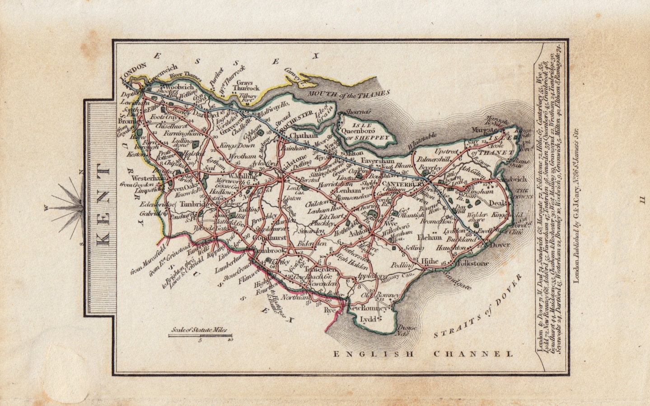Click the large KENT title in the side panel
(103, 208)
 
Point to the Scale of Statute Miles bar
(201, 335)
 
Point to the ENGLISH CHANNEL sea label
(423, 354)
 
